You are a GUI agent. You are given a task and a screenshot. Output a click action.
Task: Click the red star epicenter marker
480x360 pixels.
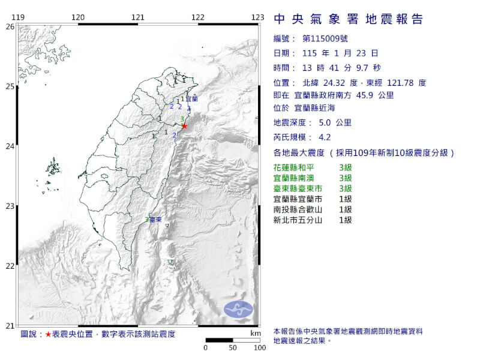tap(185, 126)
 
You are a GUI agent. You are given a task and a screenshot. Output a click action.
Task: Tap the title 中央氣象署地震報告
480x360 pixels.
tap(348, 19)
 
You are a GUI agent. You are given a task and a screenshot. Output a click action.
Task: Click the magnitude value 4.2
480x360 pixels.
tap(325, 136)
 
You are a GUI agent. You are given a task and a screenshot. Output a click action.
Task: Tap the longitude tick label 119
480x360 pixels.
tap(18, 17)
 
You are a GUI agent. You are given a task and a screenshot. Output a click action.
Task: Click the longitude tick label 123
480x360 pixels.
tap(259, 17)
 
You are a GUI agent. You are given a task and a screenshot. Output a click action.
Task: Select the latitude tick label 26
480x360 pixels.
tap(10, 27)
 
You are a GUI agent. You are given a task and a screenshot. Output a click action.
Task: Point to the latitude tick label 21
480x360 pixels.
tap(10, 326)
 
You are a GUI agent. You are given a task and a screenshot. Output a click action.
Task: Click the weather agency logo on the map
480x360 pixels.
tap(238, 310)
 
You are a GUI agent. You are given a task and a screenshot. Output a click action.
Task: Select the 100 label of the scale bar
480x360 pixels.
tap(259, 348)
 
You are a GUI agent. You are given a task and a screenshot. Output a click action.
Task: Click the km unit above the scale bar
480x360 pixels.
tap(256, 333)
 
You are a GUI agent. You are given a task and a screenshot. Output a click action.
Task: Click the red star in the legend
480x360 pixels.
tap(48, 334)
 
